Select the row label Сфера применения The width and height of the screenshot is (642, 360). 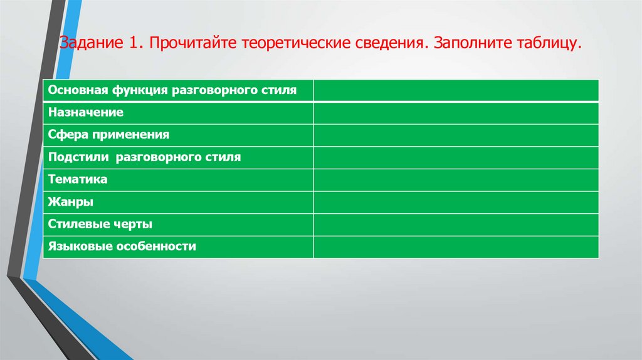(x=108, y=135)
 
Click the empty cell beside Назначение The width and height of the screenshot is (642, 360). (x=456, y=113)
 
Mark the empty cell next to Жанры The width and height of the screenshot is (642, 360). (x=456, y=202)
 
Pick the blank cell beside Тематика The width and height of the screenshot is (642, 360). (x=456, y=179)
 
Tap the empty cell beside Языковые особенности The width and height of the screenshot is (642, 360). (x=456, y=246)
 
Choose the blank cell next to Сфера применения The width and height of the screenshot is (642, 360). (x=456, y=135)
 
